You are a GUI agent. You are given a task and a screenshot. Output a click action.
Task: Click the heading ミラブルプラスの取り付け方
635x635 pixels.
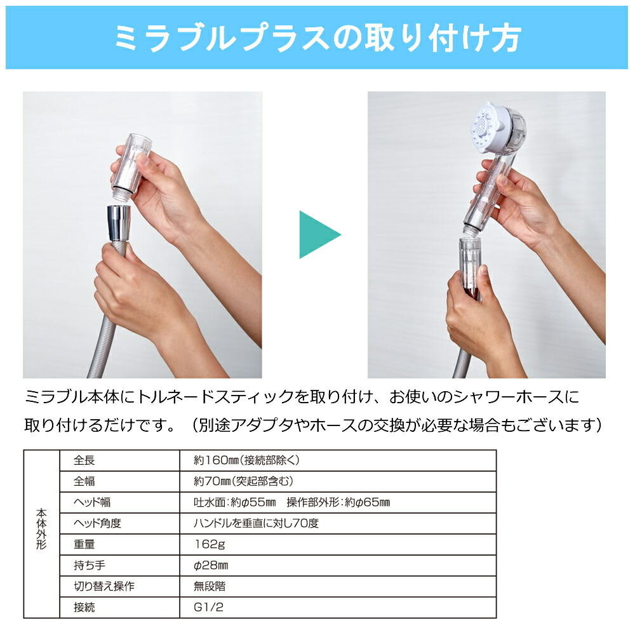pos(317,37)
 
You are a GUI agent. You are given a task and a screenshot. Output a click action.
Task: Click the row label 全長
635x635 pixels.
pos(84,460)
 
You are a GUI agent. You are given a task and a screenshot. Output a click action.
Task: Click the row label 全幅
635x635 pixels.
pos(84,481)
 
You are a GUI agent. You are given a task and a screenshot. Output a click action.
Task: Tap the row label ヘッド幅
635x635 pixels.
pos(91,503)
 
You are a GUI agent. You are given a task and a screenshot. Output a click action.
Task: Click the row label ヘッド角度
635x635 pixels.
pos(97,524)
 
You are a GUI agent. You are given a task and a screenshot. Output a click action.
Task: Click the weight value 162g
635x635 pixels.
pos(210,545)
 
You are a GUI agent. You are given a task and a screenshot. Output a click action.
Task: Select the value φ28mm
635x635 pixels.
pos(211,565)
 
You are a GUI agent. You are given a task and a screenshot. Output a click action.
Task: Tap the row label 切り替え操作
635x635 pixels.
pos(104,586)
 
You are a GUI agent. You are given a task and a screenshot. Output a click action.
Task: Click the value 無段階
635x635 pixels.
pos(210,586)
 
